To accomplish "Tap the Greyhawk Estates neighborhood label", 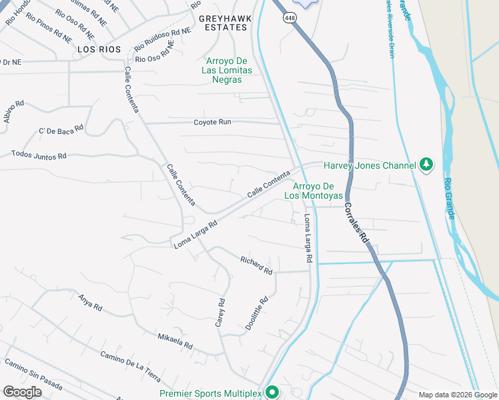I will pyautogui.click(x=223, y=23).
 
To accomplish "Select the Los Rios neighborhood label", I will pyautogui.click(x=99, y=49).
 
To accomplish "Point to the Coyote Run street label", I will pyautogui.click(x=212, y=122).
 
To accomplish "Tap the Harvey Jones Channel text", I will pyautogui.click(x=370, y=165).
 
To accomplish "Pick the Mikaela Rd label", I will pyautogui.click(x=175, y=342).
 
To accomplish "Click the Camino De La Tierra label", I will pyautogui.click(x=130, y=366).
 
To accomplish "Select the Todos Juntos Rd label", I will pyautogui.click(x=39, y=155).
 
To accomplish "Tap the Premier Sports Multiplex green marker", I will pyautogui.click(x=272, y=392).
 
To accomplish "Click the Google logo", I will pyautogui.click(x=22, y=392).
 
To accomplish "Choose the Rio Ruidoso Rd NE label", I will pyautogui.click(x=162, y=39).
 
